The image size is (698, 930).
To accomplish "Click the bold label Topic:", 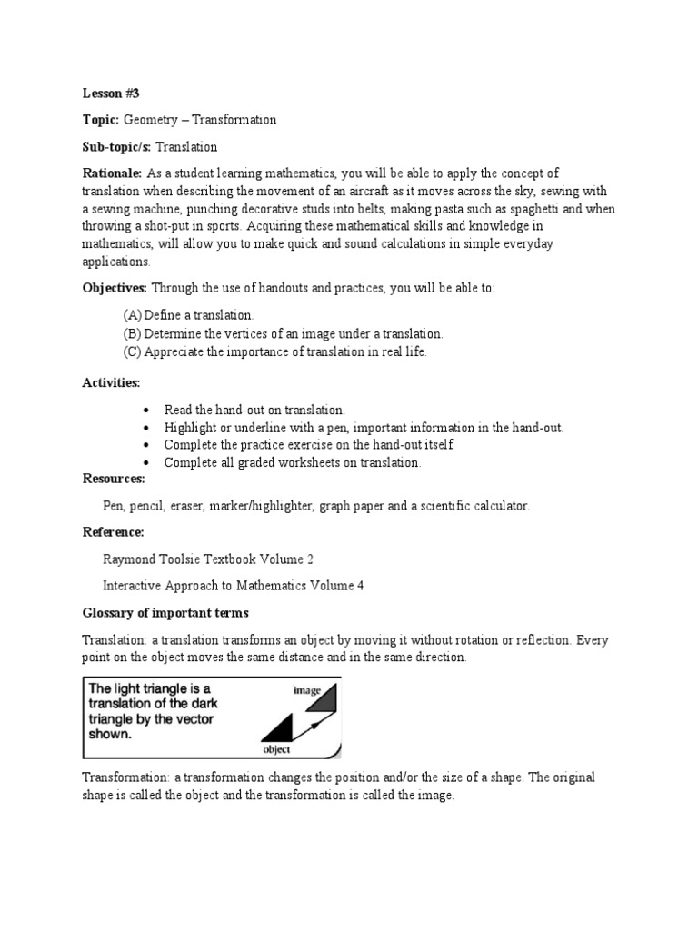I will click(100, 120).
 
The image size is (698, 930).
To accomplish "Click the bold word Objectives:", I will click(115, 288).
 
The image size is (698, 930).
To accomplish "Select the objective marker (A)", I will click(132, 314).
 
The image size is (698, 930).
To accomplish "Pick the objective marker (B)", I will click(132, 333).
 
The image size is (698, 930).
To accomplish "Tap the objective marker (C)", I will click(132, 351).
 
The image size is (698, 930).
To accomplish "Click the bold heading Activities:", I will click(111, 383).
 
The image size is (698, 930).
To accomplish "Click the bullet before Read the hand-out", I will click(145, 411).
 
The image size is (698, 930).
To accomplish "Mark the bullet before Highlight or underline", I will click(145, 428).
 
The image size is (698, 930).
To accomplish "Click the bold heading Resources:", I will click(114, 479).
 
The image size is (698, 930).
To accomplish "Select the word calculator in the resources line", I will click(497, 505).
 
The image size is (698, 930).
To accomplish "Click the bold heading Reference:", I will click(113, 532).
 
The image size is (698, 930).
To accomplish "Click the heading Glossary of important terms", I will click(166, 612).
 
